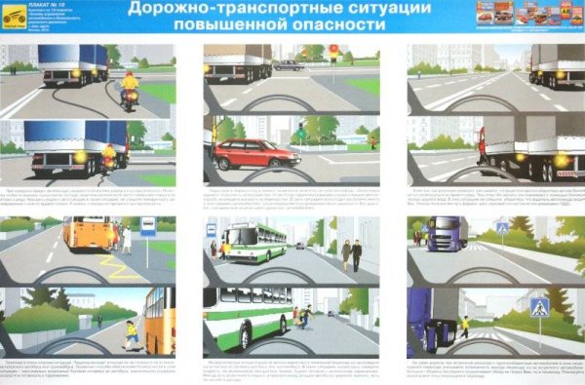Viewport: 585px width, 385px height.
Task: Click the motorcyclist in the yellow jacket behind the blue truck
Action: (129, 86)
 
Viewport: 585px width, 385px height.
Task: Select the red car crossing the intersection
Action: (255, 152)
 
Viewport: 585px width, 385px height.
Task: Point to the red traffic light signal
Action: (334, 47)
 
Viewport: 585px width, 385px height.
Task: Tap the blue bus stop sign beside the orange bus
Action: (148, 226)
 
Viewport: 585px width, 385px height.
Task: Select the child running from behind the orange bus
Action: (130, 334)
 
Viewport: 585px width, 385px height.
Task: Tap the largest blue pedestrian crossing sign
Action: (538, 306)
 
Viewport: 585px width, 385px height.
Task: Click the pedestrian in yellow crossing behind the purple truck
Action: (465, 325)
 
